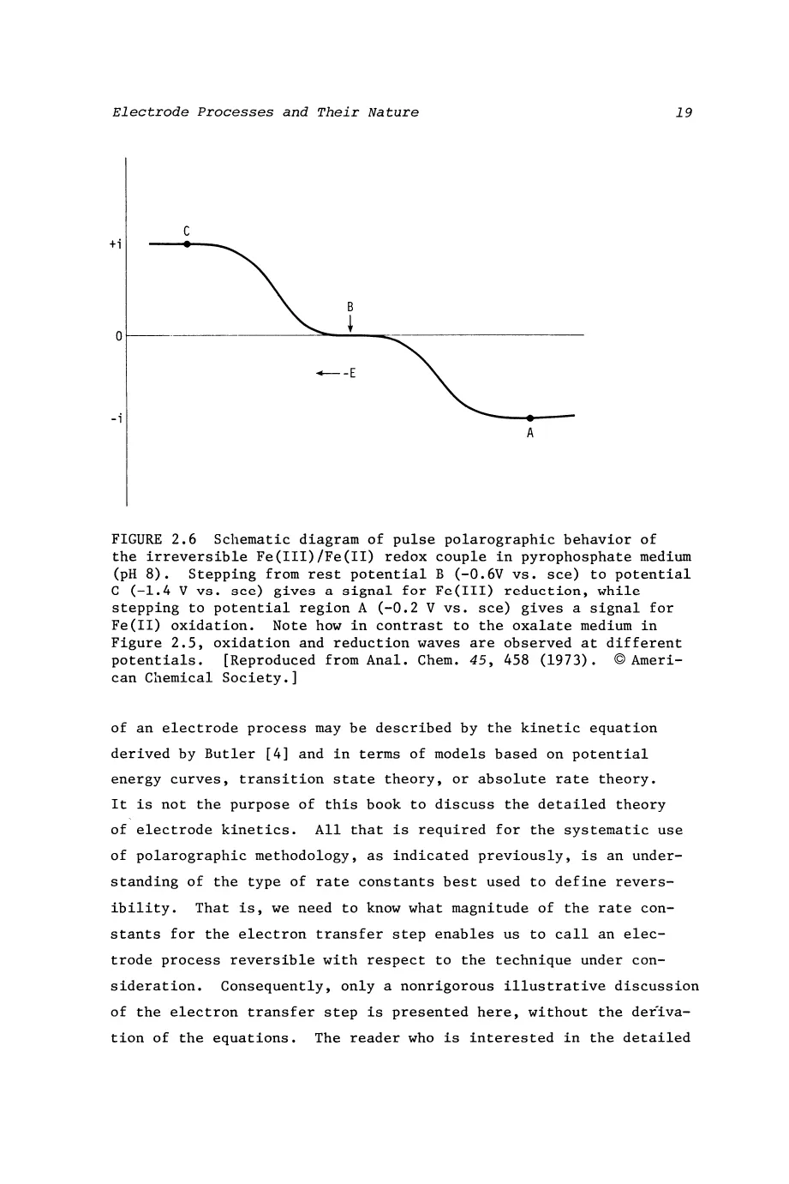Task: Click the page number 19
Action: click(x=684, y=112)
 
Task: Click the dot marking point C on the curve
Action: click(x=186, y=244)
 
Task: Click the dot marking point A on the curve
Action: click(x=529, y=418)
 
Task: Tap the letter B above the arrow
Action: click(x=350, y=306)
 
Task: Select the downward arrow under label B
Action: click(x=350, y=322)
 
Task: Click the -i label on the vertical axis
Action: click(x=116, y=418)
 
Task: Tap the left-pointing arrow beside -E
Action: click(x=326, y=373)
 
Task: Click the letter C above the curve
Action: click(x=186, y=230)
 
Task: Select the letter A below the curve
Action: click(x=530, y=434)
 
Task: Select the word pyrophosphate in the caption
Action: click(x=562, y=557)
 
